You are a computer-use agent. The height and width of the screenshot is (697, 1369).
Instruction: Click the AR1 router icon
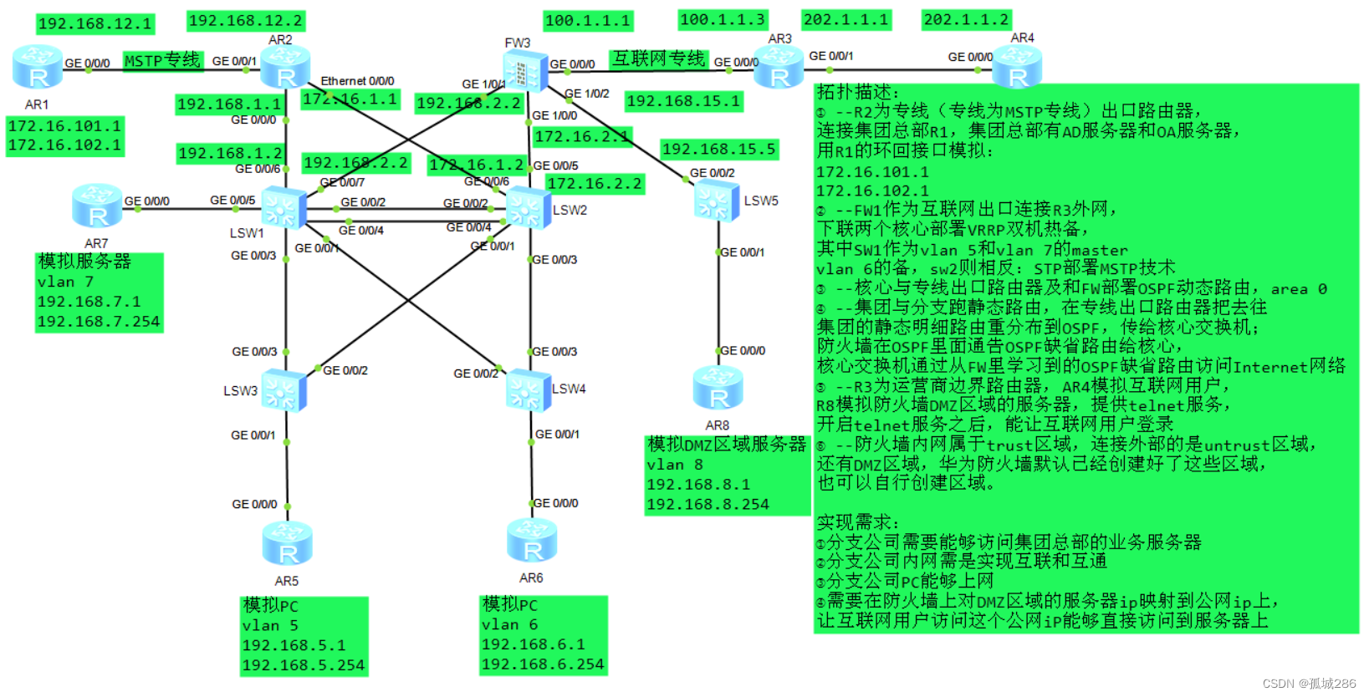click(x=38, y=68)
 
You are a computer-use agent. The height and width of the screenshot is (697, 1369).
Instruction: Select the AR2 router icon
click(x=285, y=67)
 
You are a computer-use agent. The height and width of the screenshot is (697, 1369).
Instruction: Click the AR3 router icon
click(x=779, y=67)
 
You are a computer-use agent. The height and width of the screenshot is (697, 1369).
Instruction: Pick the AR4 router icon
click(x=1017, y=68)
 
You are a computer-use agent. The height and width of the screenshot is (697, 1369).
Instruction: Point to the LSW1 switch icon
click(x=284, y=207)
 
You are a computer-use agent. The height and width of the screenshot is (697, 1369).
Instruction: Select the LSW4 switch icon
click(x=529, y=389)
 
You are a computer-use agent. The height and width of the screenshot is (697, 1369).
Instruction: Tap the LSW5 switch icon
click(x=717, y=201)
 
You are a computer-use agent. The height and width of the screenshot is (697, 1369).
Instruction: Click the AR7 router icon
click(x=97, y=206)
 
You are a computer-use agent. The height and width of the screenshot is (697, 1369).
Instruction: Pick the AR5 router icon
click(x=287, y=543)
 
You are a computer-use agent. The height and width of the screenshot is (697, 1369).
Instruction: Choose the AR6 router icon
click(x=532, y=540)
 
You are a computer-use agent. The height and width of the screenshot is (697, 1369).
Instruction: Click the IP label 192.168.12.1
click(x=95, y=24)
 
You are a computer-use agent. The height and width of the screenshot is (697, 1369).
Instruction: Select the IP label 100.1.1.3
click(x=723, y=19)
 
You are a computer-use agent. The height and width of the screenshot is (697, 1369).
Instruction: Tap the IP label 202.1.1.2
click(x=967, y=19)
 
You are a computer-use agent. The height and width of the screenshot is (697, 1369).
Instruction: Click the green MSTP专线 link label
click(x=162, y=60)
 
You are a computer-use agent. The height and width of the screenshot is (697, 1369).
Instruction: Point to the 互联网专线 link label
click(x=659, y=59)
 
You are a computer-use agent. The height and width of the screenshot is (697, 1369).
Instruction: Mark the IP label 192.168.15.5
click(x=719, y=150)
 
